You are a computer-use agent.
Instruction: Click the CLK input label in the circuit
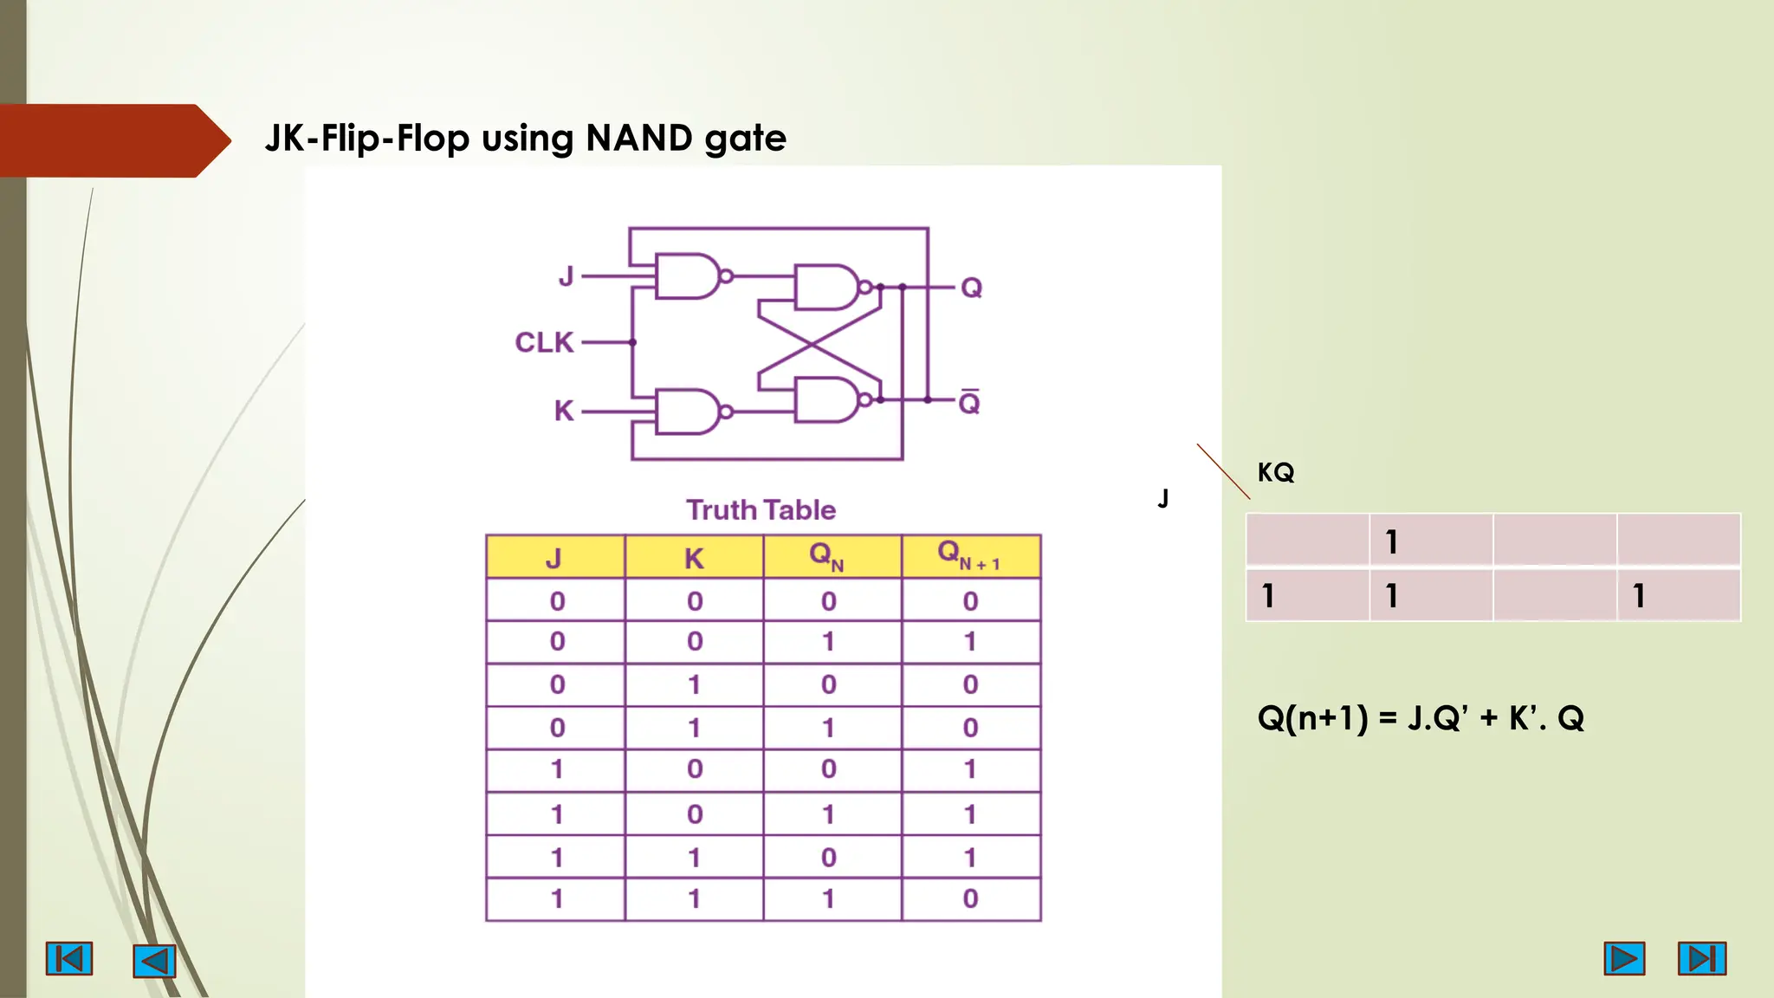544,342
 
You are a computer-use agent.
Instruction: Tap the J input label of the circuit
566,276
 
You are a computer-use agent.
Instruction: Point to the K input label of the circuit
564,411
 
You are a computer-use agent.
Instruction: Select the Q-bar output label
969,403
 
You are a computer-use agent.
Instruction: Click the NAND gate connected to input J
689,276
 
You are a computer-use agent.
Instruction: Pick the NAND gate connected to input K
689,412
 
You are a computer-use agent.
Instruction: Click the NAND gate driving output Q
827,288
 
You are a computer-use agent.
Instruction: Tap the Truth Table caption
761,509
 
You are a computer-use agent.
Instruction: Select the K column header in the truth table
694,558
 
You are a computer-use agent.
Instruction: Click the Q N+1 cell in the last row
970,898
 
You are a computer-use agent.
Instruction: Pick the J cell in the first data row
557,600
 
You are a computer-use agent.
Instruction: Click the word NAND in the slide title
639,138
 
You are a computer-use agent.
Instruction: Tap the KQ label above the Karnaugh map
1276,472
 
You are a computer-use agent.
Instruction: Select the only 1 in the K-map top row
1391,542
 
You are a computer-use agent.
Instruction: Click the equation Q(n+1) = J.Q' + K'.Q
1421,717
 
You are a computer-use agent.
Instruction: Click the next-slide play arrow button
1623,958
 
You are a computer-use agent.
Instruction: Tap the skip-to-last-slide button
1701,958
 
